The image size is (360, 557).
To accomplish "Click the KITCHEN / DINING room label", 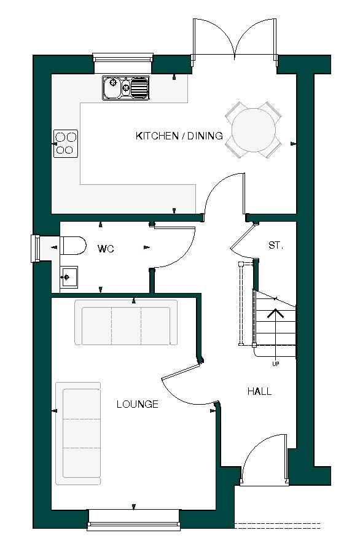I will click(179, 136).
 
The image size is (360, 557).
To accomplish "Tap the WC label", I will click(106, 249).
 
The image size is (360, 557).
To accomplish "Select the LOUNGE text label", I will click(137, 404).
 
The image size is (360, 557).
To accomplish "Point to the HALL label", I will click(259, 391).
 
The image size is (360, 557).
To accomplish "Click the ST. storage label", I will click(276, 245).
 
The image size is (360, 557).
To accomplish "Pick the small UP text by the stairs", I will click(275, 364).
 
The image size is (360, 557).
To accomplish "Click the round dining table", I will click(253, 130).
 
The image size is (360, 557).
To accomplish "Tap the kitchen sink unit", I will click(126, 88).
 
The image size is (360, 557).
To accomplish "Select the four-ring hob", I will click(66, 142).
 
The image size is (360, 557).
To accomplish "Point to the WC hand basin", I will click(68, 277).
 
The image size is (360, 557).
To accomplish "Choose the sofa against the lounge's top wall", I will click(126, 322).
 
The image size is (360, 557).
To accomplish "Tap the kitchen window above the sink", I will click(122, 58).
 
